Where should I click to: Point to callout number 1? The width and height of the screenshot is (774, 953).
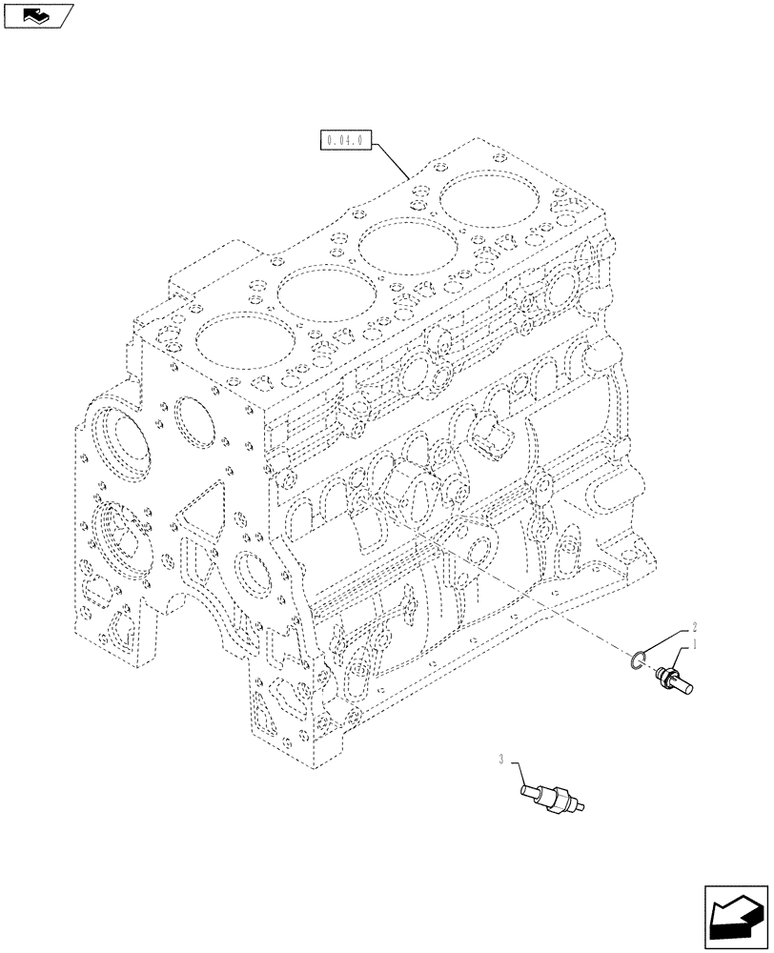point(697,645)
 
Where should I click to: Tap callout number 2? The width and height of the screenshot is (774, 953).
point(695,627)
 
